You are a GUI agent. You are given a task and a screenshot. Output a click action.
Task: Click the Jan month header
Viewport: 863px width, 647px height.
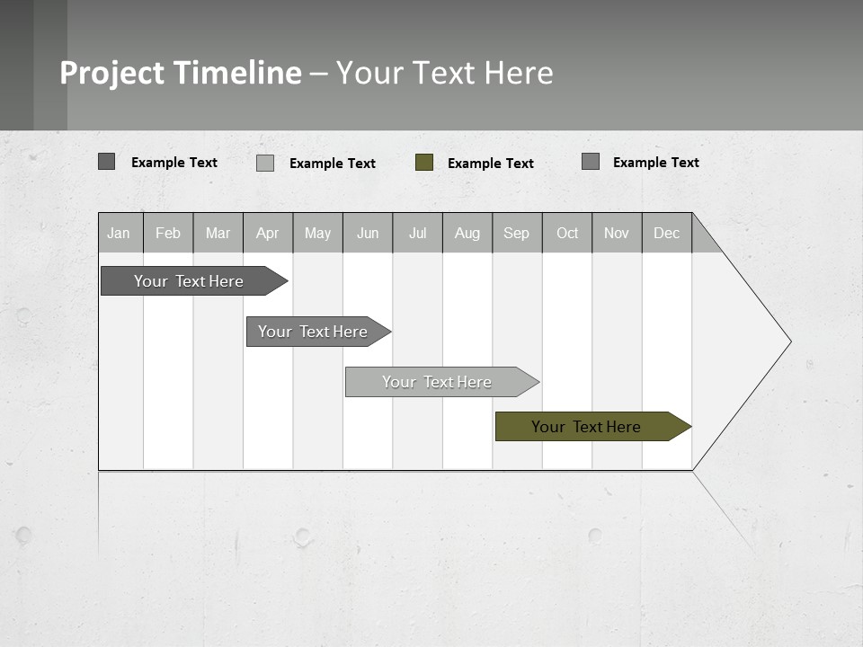click(120, 233)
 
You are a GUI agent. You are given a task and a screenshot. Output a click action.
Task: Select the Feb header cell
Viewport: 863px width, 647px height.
click(168, 233)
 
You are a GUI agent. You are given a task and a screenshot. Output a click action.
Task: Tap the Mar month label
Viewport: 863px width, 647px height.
click(218, 233)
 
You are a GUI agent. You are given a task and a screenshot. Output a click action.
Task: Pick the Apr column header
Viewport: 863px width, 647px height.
click(268, 233)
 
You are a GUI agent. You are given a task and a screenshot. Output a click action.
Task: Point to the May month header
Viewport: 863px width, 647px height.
click(317, 233)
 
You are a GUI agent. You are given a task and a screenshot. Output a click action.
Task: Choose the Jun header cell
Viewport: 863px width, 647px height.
click(368, 233)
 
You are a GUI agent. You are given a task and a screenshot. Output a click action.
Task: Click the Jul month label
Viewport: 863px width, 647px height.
click(417, 233)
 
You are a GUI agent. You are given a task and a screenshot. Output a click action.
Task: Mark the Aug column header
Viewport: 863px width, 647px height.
click(467, 233)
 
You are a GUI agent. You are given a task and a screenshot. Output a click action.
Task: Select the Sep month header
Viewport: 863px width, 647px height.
click(517, 233)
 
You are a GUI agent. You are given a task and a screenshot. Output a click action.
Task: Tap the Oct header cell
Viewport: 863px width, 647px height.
click(567, 233)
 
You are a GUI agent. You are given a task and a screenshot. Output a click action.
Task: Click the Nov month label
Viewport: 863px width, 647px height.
click(617, 233)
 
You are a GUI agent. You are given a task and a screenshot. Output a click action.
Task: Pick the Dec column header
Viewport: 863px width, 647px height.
click(667, 233)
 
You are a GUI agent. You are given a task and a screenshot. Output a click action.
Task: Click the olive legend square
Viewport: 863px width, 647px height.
click(424, 163)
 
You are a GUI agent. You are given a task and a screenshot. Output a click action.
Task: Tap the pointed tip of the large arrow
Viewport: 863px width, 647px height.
click(788, 341)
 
